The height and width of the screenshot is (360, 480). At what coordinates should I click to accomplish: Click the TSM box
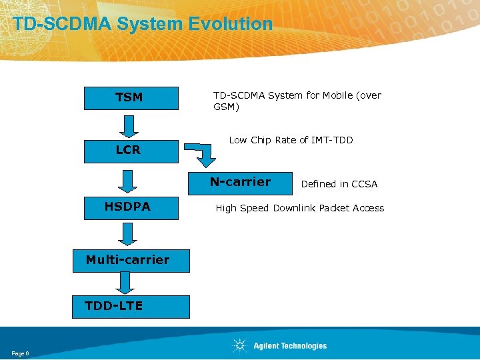[131, 98]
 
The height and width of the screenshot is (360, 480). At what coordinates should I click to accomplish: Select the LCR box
[131, 151]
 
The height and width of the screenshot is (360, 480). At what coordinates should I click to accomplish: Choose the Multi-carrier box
[131, 260]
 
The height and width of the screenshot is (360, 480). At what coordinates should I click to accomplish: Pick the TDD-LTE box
[131, 306]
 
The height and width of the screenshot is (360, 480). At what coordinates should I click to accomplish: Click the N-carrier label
[240, 182]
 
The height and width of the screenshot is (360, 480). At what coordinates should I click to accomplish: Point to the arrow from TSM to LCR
[128, 125]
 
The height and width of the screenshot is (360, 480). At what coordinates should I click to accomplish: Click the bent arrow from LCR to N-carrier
[202, 153]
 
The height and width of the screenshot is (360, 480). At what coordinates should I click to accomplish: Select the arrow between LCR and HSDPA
[128, 180]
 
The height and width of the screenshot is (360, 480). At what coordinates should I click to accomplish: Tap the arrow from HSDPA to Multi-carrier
[128, 233]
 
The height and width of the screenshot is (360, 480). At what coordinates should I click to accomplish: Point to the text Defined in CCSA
[339, 184]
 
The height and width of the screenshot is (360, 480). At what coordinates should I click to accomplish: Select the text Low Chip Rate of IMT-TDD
[291, 140]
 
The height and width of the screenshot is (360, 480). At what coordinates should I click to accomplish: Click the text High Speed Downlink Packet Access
[299, 208]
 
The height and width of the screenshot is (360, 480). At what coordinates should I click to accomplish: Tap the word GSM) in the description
[226, 107]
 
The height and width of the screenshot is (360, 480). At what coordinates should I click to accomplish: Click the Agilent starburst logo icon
[240, 345]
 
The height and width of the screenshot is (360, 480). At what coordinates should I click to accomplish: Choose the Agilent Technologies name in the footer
[290, 345]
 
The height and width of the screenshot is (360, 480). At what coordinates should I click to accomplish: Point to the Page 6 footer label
[20, 353]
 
